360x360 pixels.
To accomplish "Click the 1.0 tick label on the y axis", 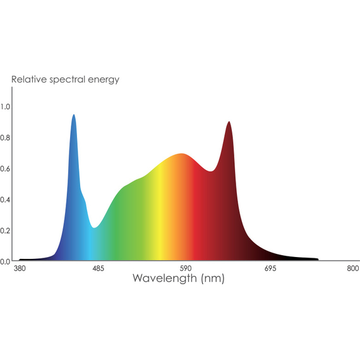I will [6, 107].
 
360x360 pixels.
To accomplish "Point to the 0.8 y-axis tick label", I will [6, 138].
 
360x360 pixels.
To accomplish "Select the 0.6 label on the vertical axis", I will [6, 169].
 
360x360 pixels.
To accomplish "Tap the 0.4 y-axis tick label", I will [6, 200].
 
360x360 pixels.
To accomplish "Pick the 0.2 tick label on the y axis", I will [6, 231].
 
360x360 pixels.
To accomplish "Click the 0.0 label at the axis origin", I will [6, 261].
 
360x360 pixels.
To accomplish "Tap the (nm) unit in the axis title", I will [212, 279].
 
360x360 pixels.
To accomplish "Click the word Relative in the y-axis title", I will [28, 80].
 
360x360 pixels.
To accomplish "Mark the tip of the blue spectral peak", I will [74, 115].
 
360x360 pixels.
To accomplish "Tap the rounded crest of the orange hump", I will [182, 154].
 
